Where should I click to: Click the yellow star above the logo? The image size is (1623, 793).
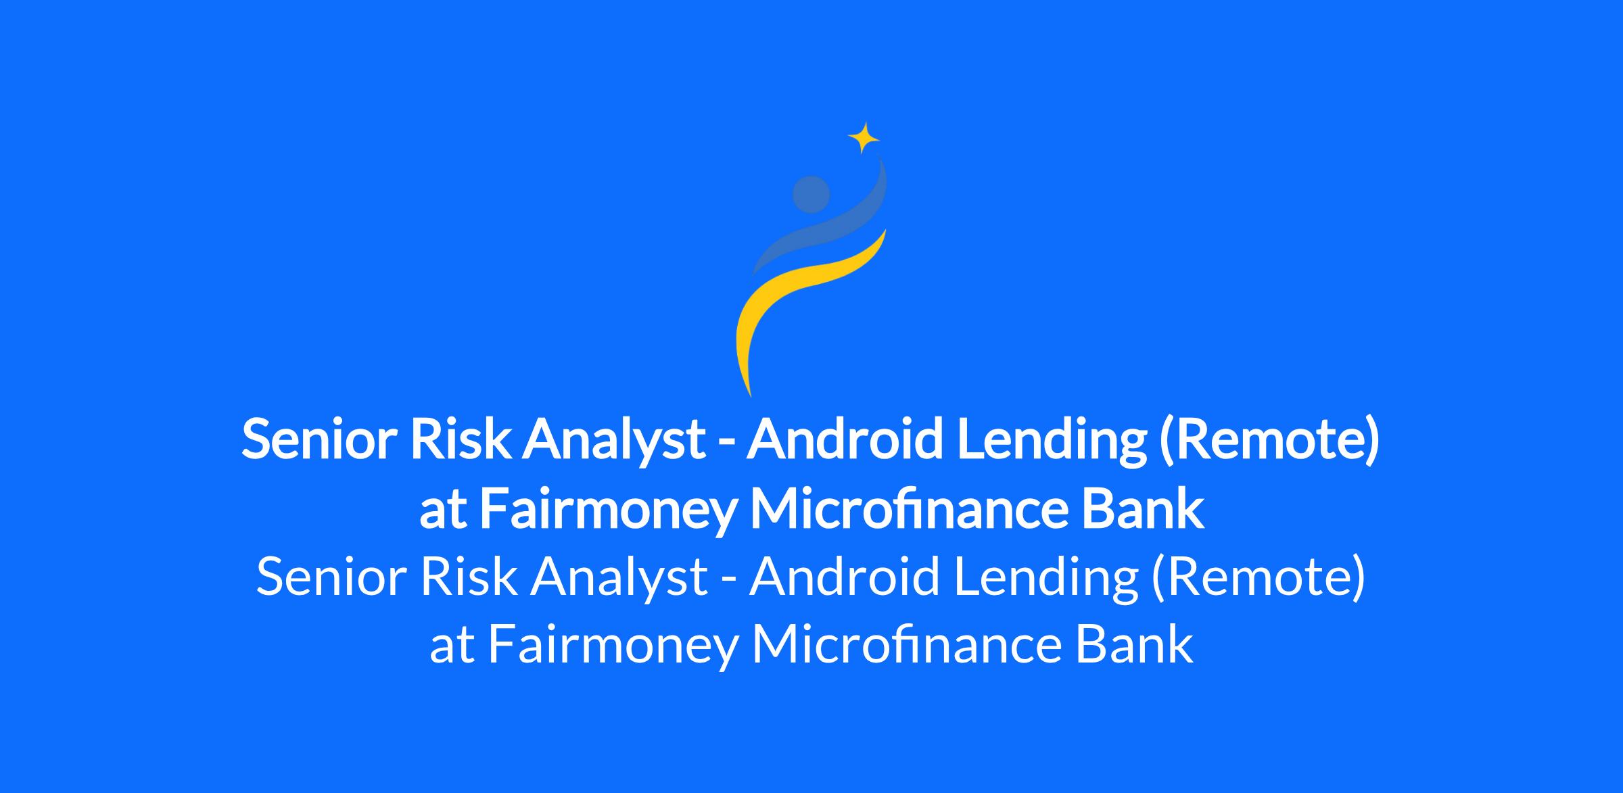click(x=864, y=139)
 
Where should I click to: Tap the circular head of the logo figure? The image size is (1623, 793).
click(x=811, y=194)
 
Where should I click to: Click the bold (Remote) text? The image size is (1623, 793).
click(x=1269, y=440)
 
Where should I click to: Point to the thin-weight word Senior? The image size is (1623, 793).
click(x=331, y=578)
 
